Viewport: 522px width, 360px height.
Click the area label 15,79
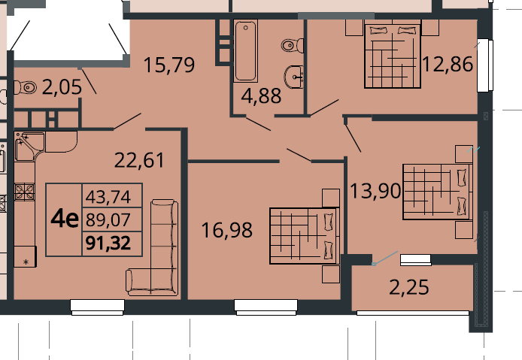[169, 65]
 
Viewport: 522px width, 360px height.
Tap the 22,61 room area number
[139, 160]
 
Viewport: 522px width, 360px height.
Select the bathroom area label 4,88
[261, 96]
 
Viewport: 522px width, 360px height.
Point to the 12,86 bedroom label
[448, 64]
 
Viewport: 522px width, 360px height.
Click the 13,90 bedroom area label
[375, 191]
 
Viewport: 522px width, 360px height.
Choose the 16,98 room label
[227, 230]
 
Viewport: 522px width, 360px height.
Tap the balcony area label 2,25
[409, 287]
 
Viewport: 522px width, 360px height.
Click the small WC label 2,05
[62, 87]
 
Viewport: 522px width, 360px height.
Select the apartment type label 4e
[65, 219]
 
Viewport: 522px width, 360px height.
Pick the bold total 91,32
[108, 243]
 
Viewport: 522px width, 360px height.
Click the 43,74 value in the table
[108, 197]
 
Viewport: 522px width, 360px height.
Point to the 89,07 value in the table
[108, 219]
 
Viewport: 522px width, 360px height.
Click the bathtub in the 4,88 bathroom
[246, 50]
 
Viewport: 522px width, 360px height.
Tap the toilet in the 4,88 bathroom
[293, 45]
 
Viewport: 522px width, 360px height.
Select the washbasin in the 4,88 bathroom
[294, 77]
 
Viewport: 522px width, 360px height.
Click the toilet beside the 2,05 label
[26, 87]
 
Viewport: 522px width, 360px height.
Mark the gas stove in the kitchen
[24, 192]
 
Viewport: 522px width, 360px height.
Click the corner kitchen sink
[29, 146]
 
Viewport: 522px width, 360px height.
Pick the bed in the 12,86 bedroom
[393, 56]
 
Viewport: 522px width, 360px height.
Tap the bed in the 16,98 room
[305, 236]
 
